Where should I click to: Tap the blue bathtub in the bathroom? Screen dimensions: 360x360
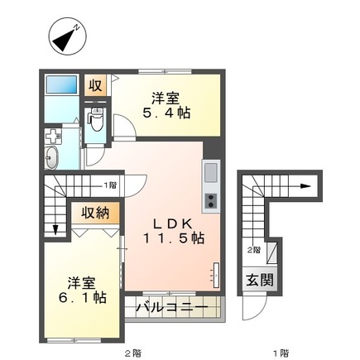point(61,86)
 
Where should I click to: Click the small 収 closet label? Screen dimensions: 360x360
point(96,85)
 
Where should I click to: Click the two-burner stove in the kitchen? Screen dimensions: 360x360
point(210,201)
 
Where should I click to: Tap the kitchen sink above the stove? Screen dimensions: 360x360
point(210,173)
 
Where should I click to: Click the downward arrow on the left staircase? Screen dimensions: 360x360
point(55,228)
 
